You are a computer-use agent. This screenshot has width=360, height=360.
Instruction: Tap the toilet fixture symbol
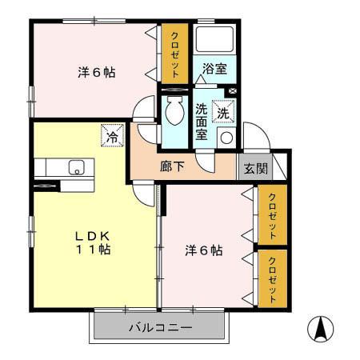coord(173,111)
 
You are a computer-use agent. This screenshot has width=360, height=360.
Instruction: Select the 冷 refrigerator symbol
coord(112,136)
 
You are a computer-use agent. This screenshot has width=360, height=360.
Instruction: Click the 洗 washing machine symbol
coord(225,113)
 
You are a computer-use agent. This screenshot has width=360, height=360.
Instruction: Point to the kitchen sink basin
coord(77,167)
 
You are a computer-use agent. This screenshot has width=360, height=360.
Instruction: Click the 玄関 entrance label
coord(255,169)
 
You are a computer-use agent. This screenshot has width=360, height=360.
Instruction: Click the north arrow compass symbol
coord(321,329)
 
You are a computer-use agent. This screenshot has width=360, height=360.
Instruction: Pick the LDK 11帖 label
coord(94,242)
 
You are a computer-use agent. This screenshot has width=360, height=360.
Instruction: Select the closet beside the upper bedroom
coord(175,54)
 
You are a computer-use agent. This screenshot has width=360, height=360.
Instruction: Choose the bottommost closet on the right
coord(272,278)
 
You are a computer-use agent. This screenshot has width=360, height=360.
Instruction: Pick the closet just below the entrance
coord(272,216)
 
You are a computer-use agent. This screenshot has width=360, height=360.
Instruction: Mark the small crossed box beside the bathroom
coord(233,92)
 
